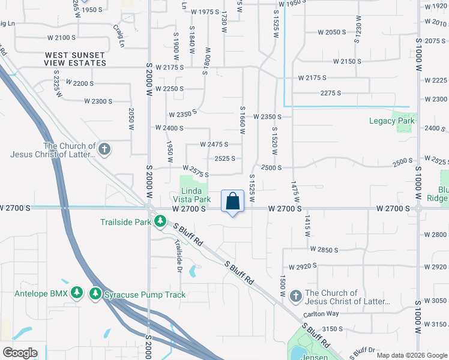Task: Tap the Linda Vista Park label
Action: [191, 194]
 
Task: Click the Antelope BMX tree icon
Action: [76, 293]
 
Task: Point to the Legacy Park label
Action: [391, 121]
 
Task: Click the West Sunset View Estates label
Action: [76, 59]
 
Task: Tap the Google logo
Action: [19, 352]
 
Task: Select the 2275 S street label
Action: [331, 93]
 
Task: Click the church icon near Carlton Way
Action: [295, 296]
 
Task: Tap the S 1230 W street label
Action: [357, 31]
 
